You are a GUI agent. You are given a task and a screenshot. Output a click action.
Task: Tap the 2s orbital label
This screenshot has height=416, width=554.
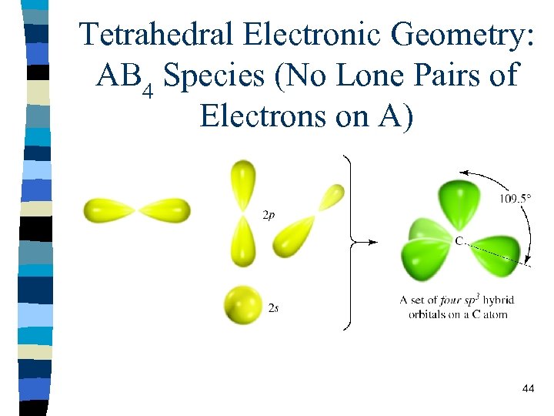tap(273, 307)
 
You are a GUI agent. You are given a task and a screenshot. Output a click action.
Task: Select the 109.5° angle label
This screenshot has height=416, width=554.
tap(515, 198)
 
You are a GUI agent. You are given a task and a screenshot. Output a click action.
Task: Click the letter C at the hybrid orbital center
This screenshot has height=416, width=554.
tap(459, 242)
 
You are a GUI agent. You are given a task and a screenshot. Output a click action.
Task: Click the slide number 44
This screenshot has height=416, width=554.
tap(528, 389)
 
